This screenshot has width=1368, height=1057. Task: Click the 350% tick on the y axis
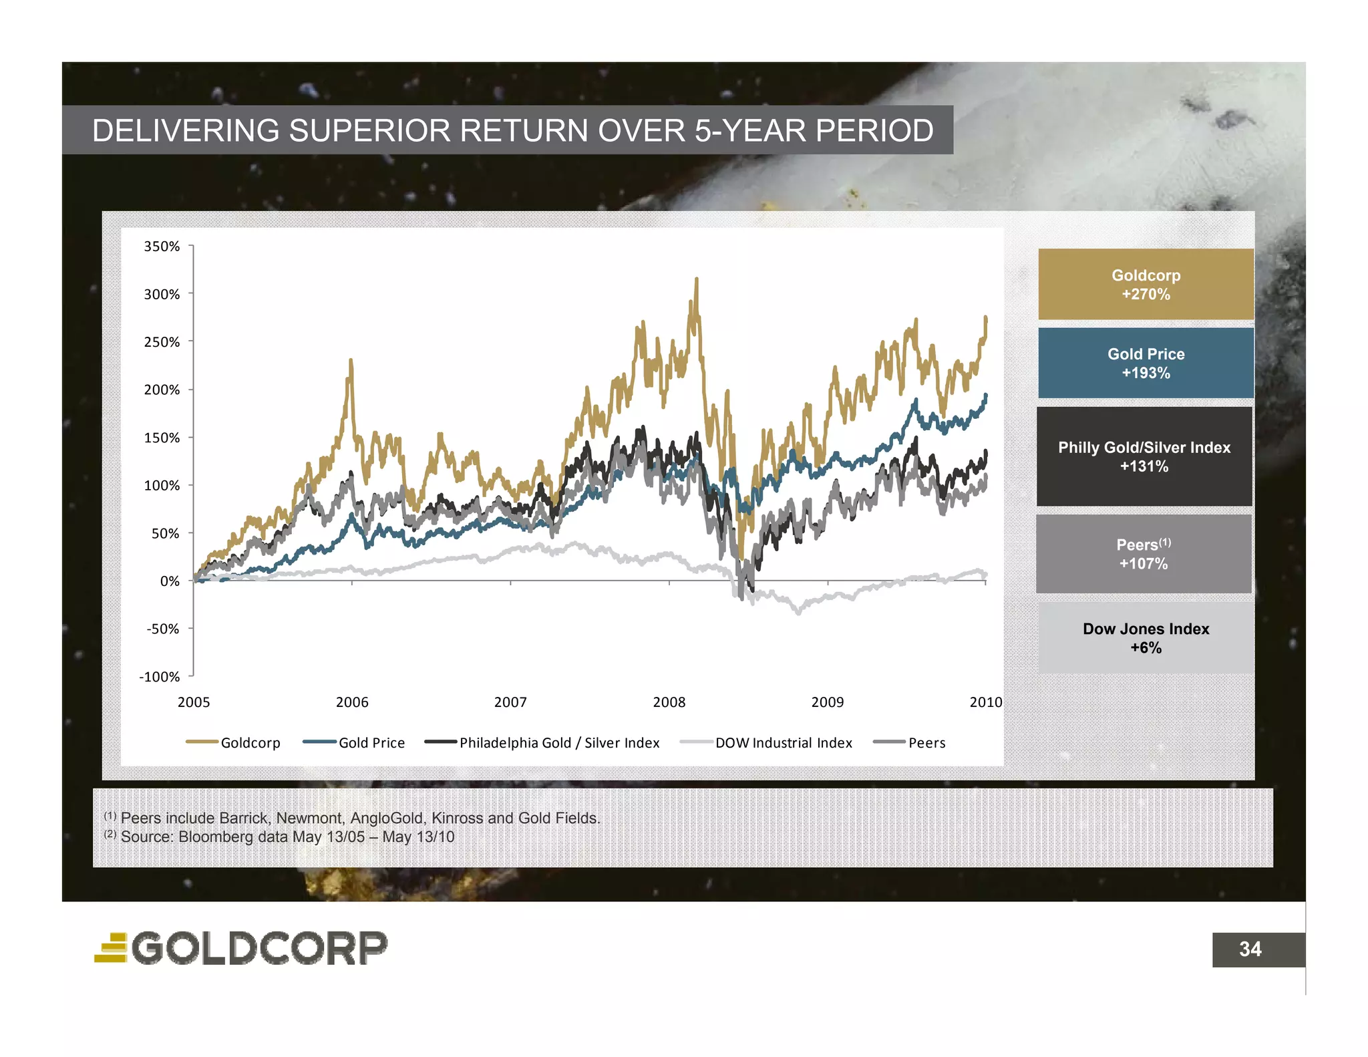pyautogui.click(x=162, y=247)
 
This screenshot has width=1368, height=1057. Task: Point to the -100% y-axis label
pyautogui.click(x=160, y=677)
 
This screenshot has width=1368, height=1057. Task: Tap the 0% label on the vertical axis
pyautogui.click(x=170, y=581)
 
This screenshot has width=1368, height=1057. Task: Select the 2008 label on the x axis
pyautogui.click(x=669, y=702)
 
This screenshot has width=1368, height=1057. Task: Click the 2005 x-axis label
pyautogui.click(x=194, y=702)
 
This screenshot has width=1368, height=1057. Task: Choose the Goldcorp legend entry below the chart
pyautogui.click(x=234, y=743)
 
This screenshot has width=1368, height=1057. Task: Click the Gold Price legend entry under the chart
pyautogui.click(x=355, y=743)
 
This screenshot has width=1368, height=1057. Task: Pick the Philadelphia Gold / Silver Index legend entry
pyautogui.click(x=542, y=743)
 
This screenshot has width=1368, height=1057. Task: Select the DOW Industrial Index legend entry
pyautogui.click(x=766, y=743)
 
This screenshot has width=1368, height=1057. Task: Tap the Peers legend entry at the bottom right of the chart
pyautogui.click(x=910, y=743)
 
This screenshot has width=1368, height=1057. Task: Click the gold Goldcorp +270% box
pyautogui.click(x=1146, y=285)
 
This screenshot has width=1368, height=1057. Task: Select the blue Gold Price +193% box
pyautogui.click(x=1146, y=363)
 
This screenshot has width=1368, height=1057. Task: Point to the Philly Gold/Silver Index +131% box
pyautogui.click(x=1144, y=457)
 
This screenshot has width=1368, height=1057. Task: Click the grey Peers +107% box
pyautogui.click(x=1144, y=554)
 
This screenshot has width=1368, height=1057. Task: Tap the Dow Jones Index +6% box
pyautogui.click(x=1146, y=638)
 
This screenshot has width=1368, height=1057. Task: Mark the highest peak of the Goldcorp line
pyautogui.click(x=696, y=279)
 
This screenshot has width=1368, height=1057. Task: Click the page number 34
pyautogui.click(x=1250, y=949)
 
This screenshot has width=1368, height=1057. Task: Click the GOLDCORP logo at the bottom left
pyautogui.click(x=241, y=948)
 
